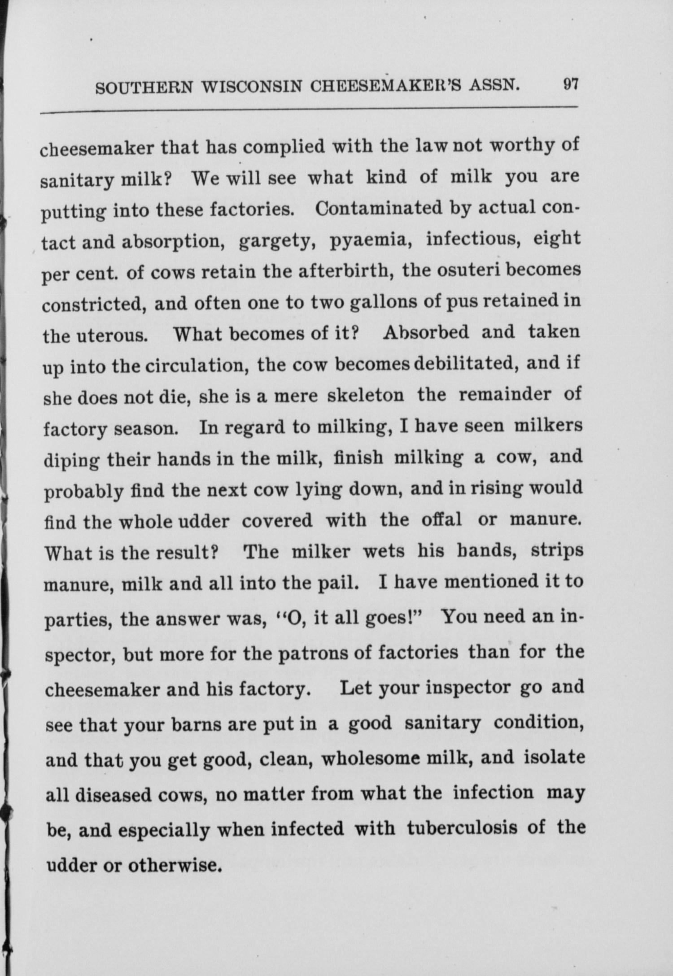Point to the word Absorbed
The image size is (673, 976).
pos(426,332)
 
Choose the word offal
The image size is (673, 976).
pos(441,520)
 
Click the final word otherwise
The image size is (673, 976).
pos(175,864)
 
